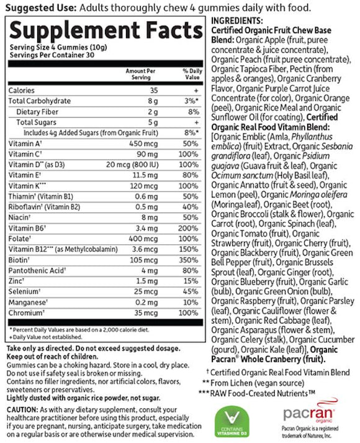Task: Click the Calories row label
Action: coord(22,90)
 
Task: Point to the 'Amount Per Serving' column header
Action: coord(138,75)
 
